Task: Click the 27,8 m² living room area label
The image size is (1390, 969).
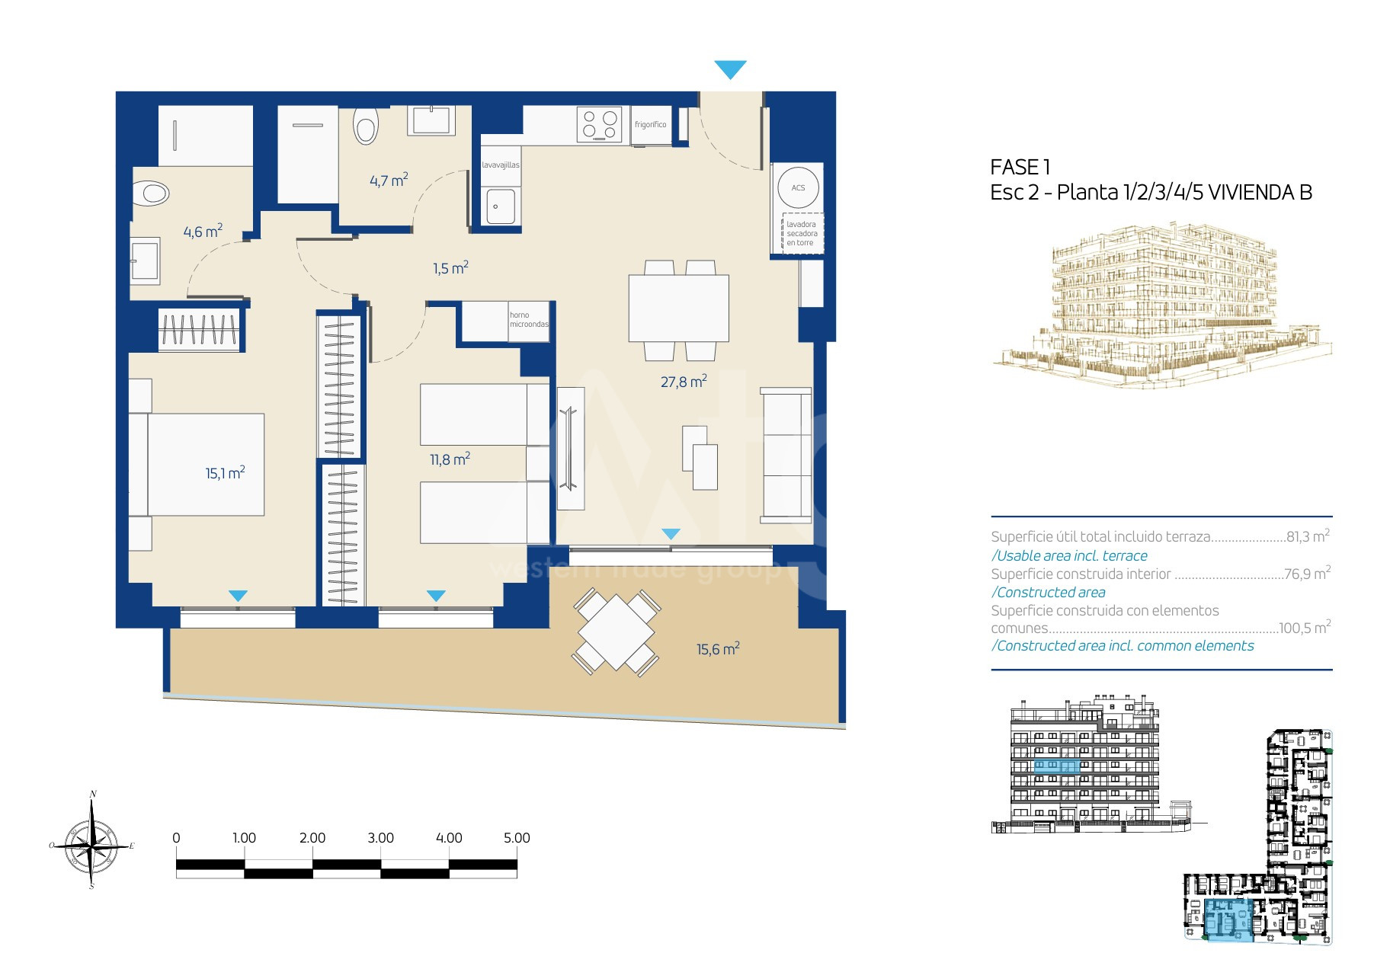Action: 684,381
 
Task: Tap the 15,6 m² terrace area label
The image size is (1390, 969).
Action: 718,648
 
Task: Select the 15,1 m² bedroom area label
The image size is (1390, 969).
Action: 225,472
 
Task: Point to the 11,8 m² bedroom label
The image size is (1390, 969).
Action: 450,459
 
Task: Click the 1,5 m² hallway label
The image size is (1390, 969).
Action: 450,267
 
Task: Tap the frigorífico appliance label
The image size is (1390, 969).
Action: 650,124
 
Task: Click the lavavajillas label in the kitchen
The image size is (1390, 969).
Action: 501,165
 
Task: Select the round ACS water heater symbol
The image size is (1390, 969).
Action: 798,187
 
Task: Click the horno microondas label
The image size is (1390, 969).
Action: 529,319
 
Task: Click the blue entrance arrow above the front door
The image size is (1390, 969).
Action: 730,69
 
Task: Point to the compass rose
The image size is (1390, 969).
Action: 92,841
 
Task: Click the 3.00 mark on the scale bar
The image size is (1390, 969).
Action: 380,837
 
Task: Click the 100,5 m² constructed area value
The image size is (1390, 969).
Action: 1305,627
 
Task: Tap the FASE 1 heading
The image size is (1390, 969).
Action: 1020,167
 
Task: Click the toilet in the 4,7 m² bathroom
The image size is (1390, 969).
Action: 366,125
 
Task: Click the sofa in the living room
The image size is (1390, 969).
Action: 786,456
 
